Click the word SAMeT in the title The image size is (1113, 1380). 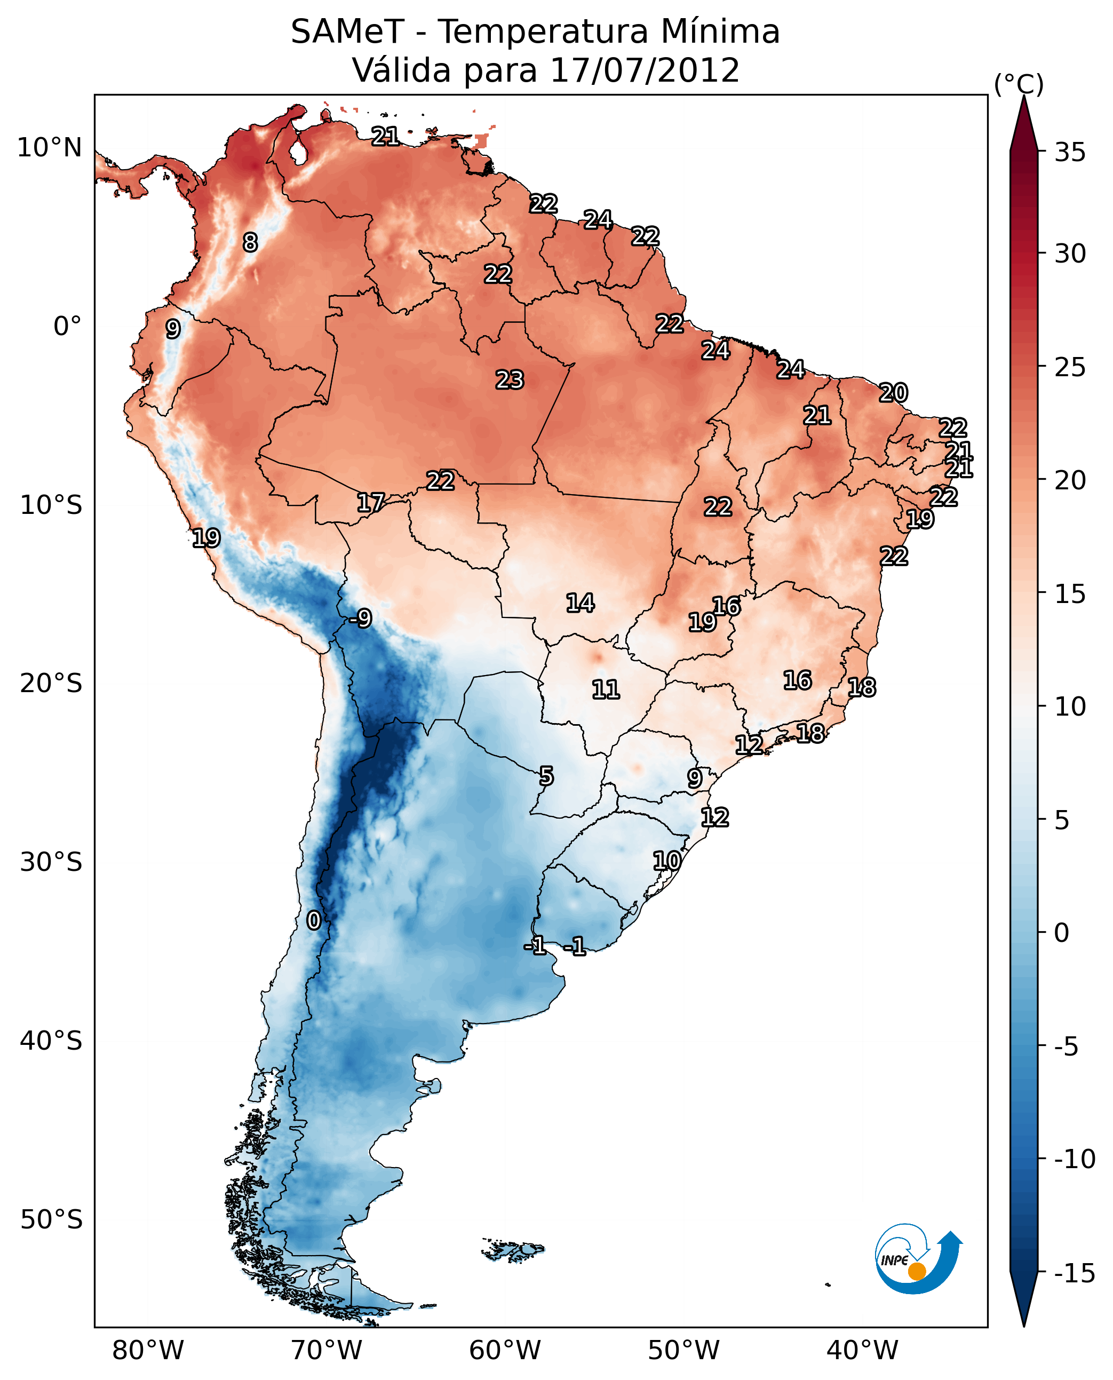[347, 32]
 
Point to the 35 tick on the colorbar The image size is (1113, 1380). [1070, 153]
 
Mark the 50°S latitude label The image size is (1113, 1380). [51, 1219]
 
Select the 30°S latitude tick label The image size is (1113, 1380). [51, 862]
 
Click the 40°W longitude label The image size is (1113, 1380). [862, 1350]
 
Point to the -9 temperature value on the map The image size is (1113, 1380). [360, 619]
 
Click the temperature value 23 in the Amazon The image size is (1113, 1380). [510, 380]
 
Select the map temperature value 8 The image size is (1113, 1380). [250, 242]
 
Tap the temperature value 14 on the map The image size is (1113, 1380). [579, 603]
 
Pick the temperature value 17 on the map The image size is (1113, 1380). [371, 503]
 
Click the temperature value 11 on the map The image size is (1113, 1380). [605, 690]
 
